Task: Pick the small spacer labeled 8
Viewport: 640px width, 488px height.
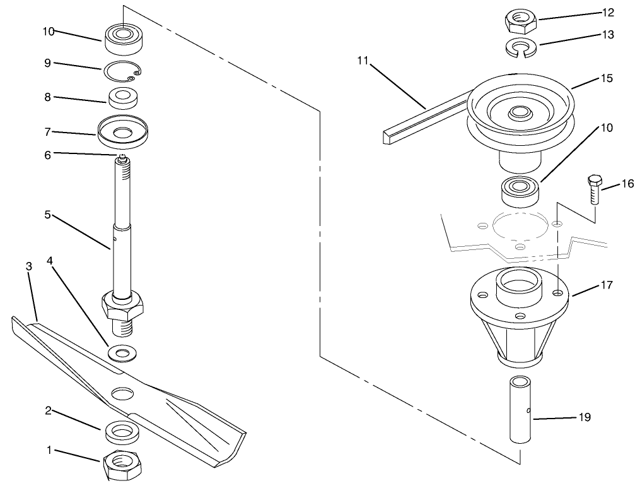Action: click(x=124, y=98)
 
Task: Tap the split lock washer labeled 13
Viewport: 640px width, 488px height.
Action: click(x=520, y=46)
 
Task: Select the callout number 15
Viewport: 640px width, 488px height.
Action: click(x=607, y=78)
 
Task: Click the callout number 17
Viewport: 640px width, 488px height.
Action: click(x=606, y=285)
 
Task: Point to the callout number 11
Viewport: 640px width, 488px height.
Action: click(x=362, y=61)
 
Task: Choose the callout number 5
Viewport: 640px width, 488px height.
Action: click(x=47, y=215)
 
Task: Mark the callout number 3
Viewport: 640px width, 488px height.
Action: click(x=28, y=266)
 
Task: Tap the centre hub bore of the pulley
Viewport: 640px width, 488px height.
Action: click(x=520, y=114)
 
